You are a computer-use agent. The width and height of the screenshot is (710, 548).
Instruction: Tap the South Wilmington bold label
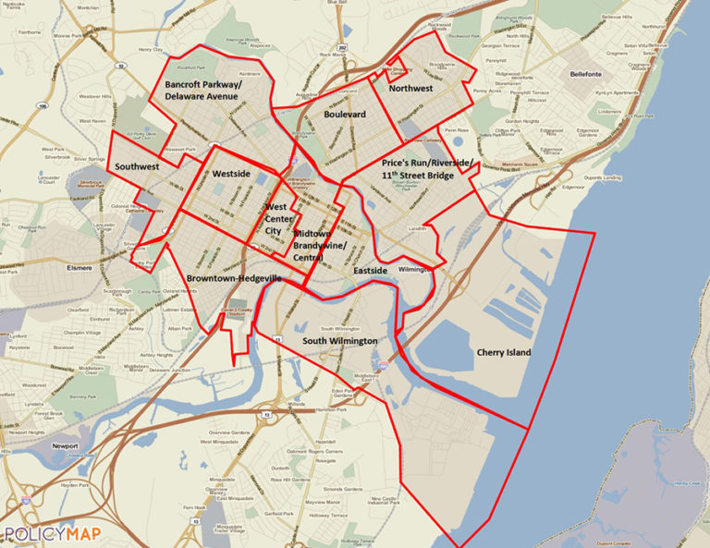point(340,341)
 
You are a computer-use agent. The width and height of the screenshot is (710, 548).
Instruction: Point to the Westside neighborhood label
point(231,174)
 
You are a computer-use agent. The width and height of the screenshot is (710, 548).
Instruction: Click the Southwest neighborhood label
point(137,166)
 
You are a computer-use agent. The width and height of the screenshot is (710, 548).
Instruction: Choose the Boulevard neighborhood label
point(345,114)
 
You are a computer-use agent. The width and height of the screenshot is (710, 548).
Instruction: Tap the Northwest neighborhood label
point(410,89)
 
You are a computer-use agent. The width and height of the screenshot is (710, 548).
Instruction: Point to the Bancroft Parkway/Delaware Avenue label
point(202,89)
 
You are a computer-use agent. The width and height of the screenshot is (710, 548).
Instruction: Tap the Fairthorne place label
point(29,31)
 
